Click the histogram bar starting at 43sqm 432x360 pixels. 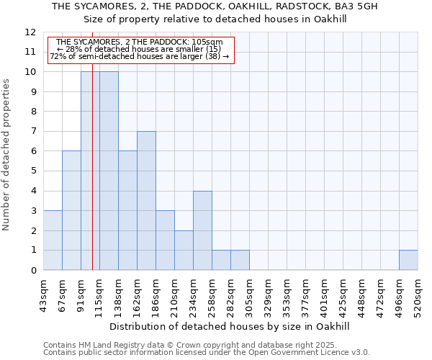53,240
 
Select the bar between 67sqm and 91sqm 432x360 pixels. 71,211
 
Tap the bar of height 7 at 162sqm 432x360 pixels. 146,201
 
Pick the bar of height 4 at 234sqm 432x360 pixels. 202,230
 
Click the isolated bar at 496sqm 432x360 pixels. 408,260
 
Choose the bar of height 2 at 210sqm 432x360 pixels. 184,250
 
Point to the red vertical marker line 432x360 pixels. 93,180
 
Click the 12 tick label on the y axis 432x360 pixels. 30,32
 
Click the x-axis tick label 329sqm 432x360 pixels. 268,295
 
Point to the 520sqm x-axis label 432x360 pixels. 418,295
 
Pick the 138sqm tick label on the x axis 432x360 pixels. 118,295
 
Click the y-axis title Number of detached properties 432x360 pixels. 7,155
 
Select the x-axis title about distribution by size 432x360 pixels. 230,326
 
